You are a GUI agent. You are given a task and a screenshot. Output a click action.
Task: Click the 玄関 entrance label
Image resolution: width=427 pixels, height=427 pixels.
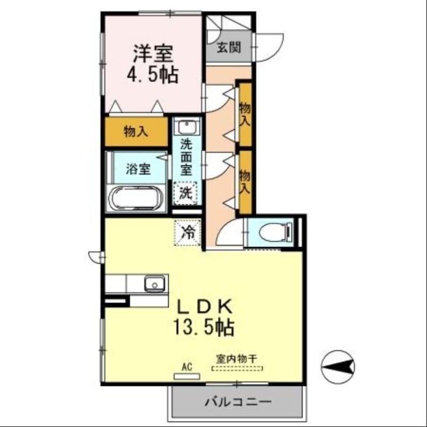pos(228,47)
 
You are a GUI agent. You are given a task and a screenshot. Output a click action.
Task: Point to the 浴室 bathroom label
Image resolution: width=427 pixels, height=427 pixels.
pos(138,169)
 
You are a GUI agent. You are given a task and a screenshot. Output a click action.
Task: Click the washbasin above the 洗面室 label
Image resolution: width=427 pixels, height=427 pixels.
pos(187,128)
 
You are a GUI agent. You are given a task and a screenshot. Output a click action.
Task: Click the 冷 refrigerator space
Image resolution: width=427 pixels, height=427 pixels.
pos(187,232)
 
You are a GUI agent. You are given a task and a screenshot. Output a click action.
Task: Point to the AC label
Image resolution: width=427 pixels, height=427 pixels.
pos(187,367)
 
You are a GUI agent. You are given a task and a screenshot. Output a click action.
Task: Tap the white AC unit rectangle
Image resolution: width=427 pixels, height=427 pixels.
pos(187,375)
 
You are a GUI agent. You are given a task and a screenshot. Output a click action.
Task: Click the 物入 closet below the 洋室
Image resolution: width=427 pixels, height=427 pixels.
pos(136,131)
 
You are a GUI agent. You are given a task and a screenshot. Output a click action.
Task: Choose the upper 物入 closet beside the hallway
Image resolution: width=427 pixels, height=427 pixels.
pos(245,113)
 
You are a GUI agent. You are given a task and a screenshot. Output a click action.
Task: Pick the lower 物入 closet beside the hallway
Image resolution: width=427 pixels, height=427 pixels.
pos(245,181)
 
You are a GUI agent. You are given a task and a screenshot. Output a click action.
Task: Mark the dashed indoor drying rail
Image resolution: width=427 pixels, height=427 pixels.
pos(238,368)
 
